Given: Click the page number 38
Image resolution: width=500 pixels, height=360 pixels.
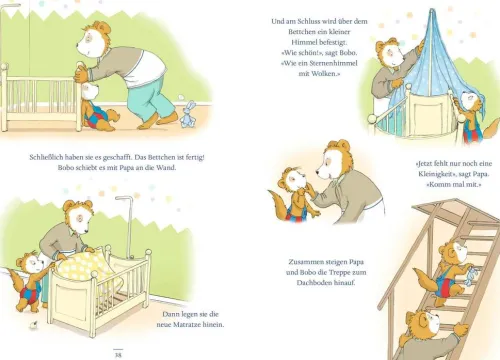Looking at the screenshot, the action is (x=118, y=355).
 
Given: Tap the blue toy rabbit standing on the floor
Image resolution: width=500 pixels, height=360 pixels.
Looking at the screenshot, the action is (x=188, y=114).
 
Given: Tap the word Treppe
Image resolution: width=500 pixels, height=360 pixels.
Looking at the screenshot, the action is (x=340, y=272).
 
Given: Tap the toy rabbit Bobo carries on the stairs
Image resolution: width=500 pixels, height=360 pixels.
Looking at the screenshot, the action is (x=471, y=276).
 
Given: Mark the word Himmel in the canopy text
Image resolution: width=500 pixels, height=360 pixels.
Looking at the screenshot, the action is (x=303, y=42).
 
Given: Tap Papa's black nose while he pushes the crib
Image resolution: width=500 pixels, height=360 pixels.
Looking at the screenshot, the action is (x=78, y=44).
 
